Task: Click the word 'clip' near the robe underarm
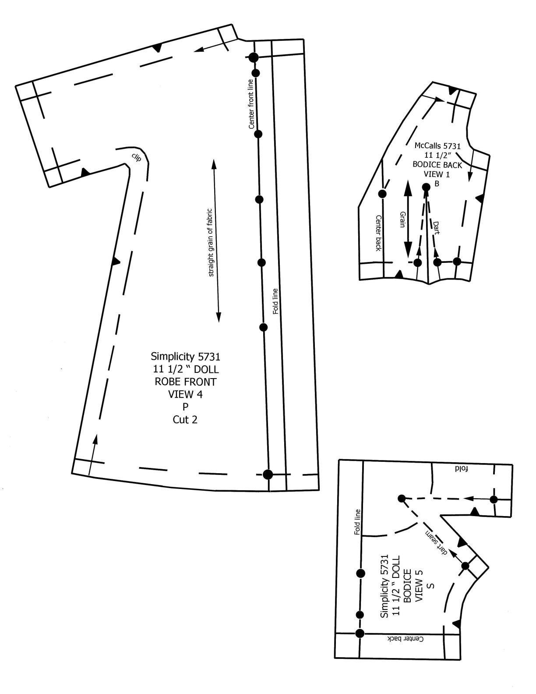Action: [x=136, y=157]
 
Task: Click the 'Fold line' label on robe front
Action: [x=276, y=301]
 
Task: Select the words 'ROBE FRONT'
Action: [x=185, y=382]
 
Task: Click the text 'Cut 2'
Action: [x=185, y=420]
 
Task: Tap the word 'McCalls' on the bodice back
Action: [x=427, y=146]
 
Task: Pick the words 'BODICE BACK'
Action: [x=437, y=165]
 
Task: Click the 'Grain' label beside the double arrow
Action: [x=402, y=219]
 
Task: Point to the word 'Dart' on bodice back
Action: [x=436, y=228]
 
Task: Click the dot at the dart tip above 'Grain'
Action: [x=426, y=187]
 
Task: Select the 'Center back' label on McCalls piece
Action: [x=379, y=233]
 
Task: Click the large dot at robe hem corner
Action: [x=268, y=474]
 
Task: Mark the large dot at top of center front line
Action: [x=254, y=57]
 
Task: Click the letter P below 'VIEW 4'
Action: [x=185, y=407]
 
